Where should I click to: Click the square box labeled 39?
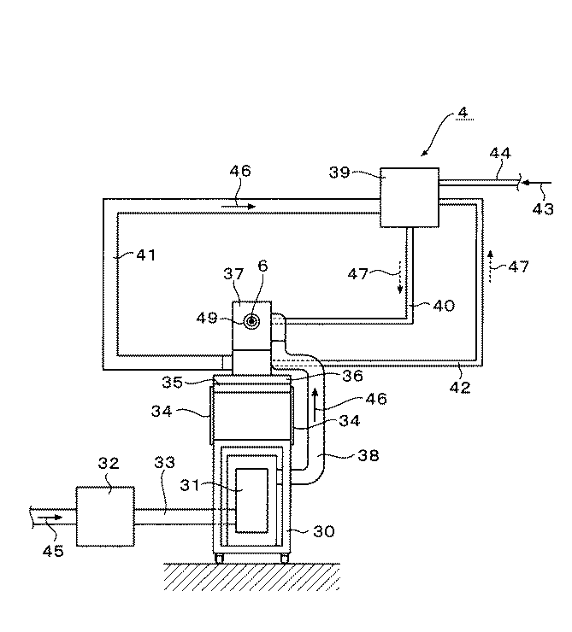coord(409,196)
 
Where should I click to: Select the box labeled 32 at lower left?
coord(105,515)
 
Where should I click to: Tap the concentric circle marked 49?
coord(253,320)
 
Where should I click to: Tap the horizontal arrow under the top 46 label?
coord(240,206)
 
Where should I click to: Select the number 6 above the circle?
coord(262,266)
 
